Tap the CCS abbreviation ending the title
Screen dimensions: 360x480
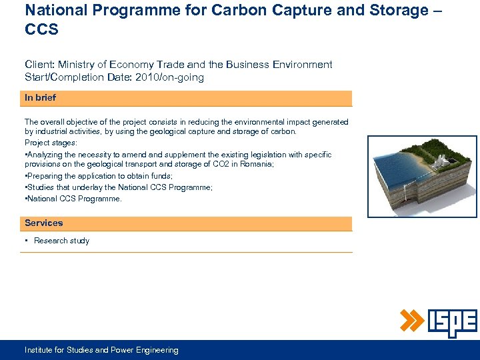click(x=42, y=30)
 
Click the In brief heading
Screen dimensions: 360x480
click(x=40, y=98)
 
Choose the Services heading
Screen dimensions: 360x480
click(x=43, y=223)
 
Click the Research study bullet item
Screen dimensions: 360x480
click(x=61, y=241)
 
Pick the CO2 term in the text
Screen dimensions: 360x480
click(x=204, y=165)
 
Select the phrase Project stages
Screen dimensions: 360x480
click(x=51, y=143)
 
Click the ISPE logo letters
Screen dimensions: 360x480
click(x=452, y=323)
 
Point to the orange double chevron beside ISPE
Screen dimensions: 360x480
click(x=412, y=321)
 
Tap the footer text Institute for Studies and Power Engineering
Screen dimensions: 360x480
click(x=101, y=350)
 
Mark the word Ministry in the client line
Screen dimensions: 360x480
click(x=76, y=65)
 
